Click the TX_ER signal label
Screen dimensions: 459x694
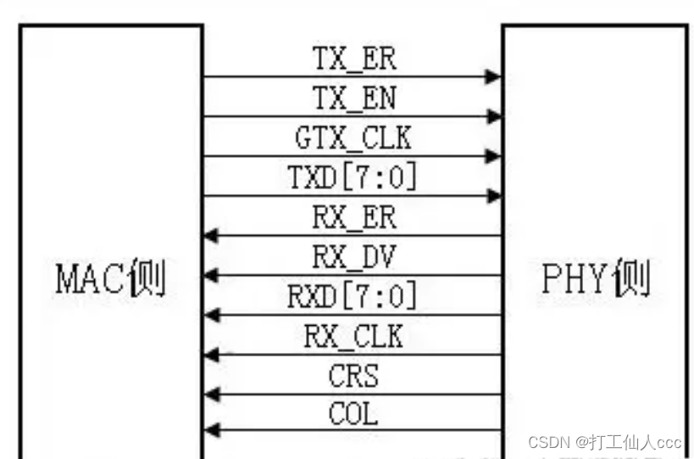(x=353, y=59)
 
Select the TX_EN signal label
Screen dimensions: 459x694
(x=353, y=98)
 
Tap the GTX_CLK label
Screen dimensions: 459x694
(x=353, y=137)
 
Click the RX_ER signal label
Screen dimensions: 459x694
(x=353, y=217)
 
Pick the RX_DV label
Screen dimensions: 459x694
(x=353, y=256)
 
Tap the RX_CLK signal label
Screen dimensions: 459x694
(x=353, y=336)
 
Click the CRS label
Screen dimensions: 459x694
(x=353, y=375)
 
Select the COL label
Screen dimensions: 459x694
(x=353, y=415)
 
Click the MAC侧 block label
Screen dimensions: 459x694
(x=110, y=279)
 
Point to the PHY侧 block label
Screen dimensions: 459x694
(x=596, y=279)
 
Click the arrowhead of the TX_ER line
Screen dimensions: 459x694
(x=492, y=77)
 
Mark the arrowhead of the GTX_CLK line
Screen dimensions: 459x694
(x=492, y=156)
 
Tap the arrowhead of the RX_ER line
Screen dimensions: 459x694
(x=212, y=236)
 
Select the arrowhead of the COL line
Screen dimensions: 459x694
(x=212, y=430)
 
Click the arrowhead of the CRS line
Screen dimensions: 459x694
(x=212, y=395)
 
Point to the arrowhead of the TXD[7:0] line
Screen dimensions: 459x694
(x=492, y=196)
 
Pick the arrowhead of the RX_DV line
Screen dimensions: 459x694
(x=212, y=276)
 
